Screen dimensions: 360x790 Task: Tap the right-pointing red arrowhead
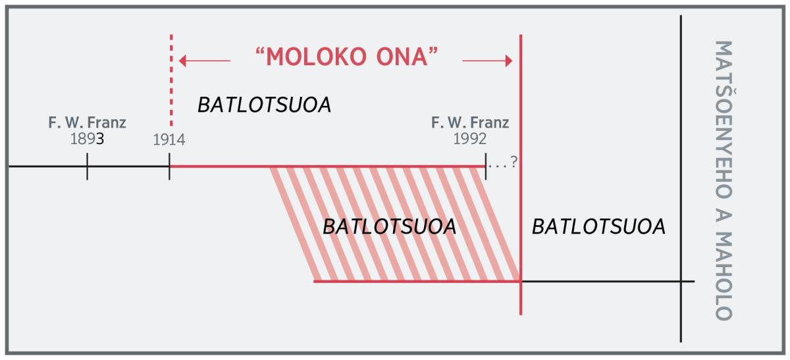coord(508,61)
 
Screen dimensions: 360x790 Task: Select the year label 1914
coord(169,140)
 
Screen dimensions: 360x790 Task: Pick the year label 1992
coord(469,139)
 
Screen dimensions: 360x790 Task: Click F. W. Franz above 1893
coord(87,122)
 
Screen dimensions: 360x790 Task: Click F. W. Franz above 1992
coord(469,122)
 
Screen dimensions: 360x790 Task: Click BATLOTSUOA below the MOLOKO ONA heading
coord(264,105)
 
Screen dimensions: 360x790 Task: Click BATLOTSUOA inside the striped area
coord(389,226)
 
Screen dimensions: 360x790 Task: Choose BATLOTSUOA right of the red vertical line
coord(598,226)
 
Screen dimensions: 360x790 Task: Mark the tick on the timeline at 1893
coord(87,167)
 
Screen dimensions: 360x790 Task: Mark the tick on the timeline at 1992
coord(486,167)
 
